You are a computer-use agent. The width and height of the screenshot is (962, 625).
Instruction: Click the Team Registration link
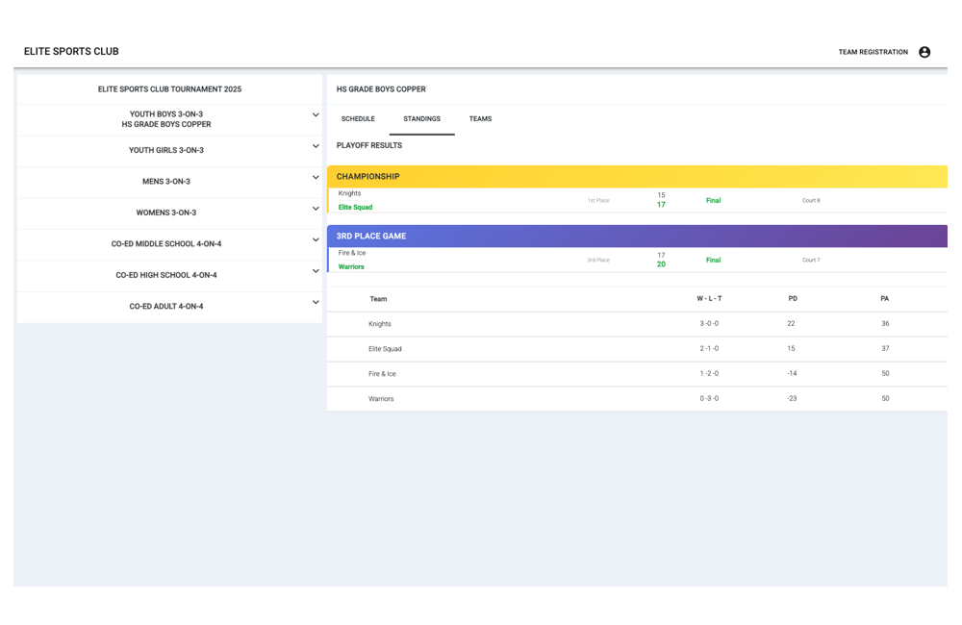tap(873, 52)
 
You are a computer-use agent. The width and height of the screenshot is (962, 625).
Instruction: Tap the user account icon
tap(924, 52)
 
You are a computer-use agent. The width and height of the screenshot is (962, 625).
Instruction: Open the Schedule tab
tap(358, 119)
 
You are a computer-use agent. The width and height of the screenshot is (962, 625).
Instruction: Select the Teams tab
tap(480, 119)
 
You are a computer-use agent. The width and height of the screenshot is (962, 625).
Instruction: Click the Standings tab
tap(421, 119)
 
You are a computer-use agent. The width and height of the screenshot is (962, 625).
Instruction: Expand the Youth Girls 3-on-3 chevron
tap(316, 146)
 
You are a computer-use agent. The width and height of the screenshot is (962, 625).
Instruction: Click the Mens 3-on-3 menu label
tap(166, 182)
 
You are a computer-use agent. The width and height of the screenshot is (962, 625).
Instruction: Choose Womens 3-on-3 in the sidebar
tap(166, 212)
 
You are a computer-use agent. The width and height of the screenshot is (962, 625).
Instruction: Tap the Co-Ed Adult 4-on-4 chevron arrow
tap(316, 302)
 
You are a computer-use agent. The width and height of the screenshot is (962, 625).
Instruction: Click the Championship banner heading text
tap(367, 177)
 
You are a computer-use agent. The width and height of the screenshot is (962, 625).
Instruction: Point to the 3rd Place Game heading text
tap(371, 236)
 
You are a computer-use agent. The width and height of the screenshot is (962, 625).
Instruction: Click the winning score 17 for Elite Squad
tap(661, 205)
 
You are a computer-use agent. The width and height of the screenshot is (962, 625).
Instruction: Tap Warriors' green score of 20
tap(661, 264)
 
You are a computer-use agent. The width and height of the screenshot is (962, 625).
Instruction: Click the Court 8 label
tap(811, 201)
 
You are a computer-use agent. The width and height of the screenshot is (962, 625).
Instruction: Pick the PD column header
tap(793, 299)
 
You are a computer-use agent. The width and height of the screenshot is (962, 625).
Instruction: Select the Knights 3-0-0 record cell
tap(709, 324)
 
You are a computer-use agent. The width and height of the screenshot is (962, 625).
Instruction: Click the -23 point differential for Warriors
tap(792, 398)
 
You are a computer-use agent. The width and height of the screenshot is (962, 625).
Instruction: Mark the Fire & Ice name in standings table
tap(382, 374)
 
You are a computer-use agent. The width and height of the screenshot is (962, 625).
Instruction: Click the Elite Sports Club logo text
tap(71, 52)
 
